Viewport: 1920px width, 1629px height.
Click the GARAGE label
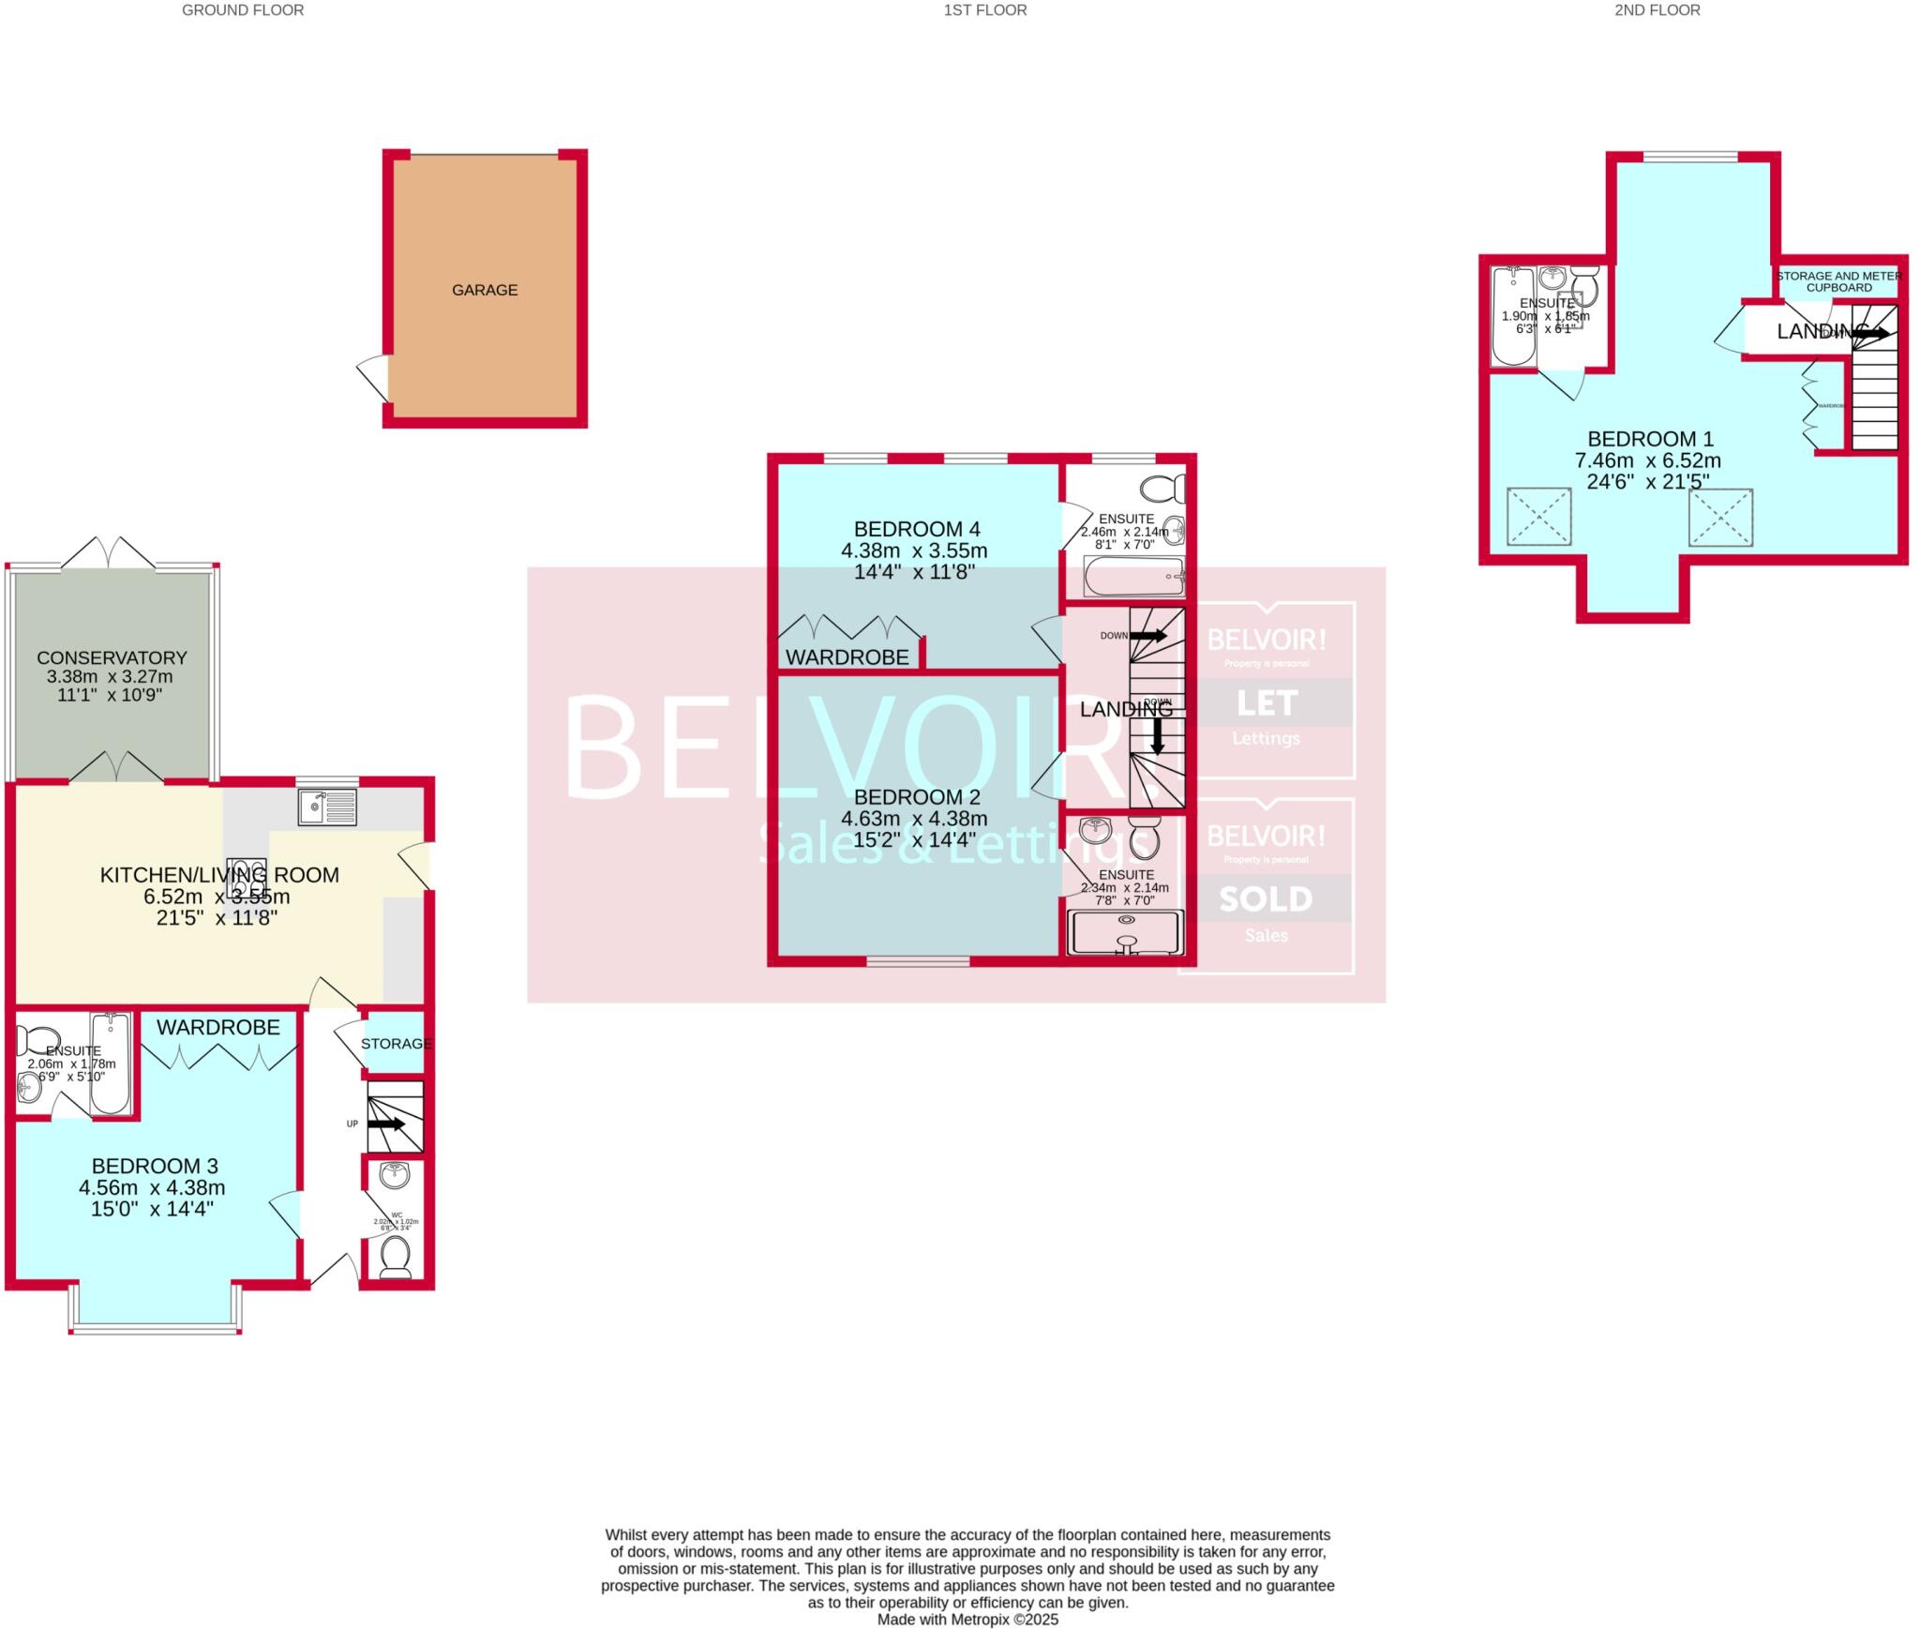485,290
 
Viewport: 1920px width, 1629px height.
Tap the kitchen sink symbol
327,807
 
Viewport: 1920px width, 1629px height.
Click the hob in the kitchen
247,878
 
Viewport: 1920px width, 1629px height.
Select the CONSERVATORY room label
112,657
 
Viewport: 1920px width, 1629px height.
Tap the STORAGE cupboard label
396,1043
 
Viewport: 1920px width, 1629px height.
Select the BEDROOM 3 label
155,1166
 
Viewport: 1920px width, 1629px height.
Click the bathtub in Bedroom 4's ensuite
1133,577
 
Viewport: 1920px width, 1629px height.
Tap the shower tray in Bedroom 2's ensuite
1126,933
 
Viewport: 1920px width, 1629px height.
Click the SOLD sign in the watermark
1266,898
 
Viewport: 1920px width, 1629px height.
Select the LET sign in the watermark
1266,702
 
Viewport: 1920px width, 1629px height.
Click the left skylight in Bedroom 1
1538,516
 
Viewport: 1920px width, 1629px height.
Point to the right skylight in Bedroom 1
1720,517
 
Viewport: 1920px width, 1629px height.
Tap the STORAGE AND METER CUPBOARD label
1838,281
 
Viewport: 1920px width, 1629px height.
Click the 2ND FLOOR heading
1657,10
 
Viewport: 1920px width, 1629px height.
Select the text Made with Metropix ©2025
967,1619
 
